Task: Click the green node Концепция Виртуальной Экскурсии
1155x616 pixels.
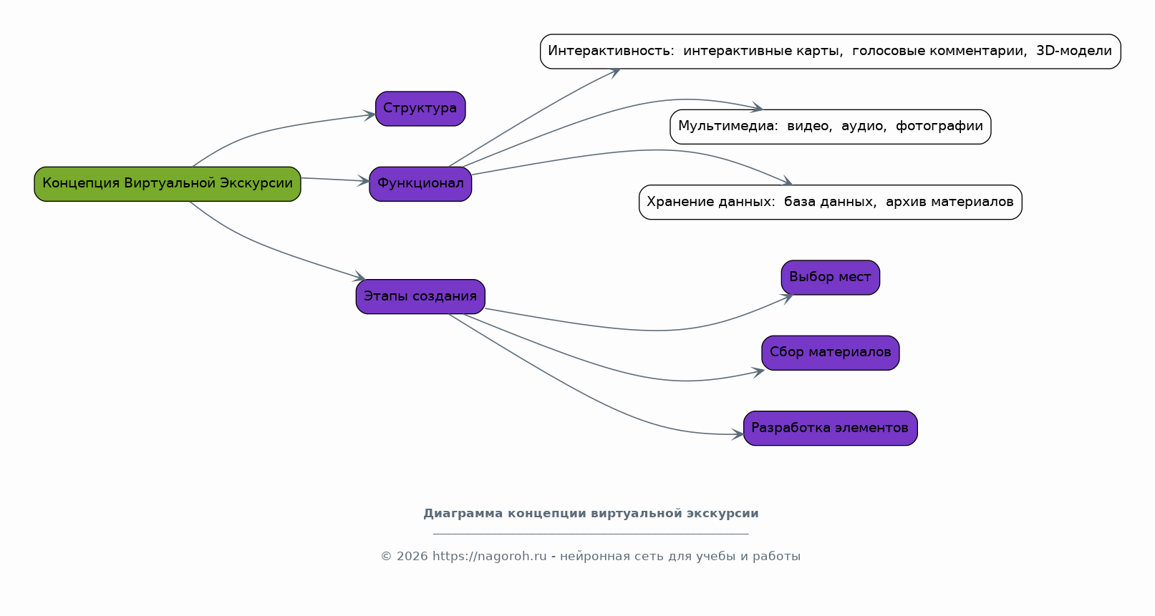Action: pyautogui.click(x=168, y=184)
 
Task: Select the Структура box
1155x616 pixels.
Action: pyautogui.click(x=420, y=109)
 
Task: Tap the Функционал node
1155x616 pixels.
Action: pyautogui.click(x=420, y=184)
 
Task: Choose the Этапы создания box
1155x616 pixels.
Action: pyautogui.click(x=420, y=297)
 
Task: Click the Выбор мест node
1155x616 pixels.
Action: pyautogui.click(x=830, y=278)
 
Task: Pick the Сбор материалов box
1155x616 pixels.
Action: pyautogui.click(x=830, y=353)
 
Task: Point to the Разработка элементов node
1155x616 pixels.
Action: pyautogui.click(x=830, y=428)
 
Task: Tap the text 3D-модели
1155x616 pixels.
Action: pyautogui.click(x=1074, y=51)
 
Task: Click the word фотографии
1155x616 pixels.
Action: pyautogui.click(x=939, y=126)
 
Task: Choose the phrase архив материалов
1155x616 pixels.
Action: pyautogui.click(x=949, y=202)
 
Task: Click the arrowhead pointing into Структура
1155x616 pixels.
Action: pyautogui.click(x=369, y=115)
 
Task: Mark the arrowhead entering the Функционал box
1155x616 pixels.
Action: pyautogui.click(x=364, y=181)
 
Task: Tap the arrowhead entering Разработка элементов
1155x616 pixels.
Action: pyautogui.click(x=738, y=435)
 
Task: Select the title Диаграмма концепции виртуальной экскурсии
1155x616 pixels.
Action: pyautogui.click(x=591, y=514)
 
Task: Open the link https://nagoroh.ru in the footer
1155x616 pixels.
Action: pyautogui.click(x=489, y=556)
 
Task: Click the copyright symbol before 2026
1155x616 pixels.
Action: pyautogui.click(x=386, y=556)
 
